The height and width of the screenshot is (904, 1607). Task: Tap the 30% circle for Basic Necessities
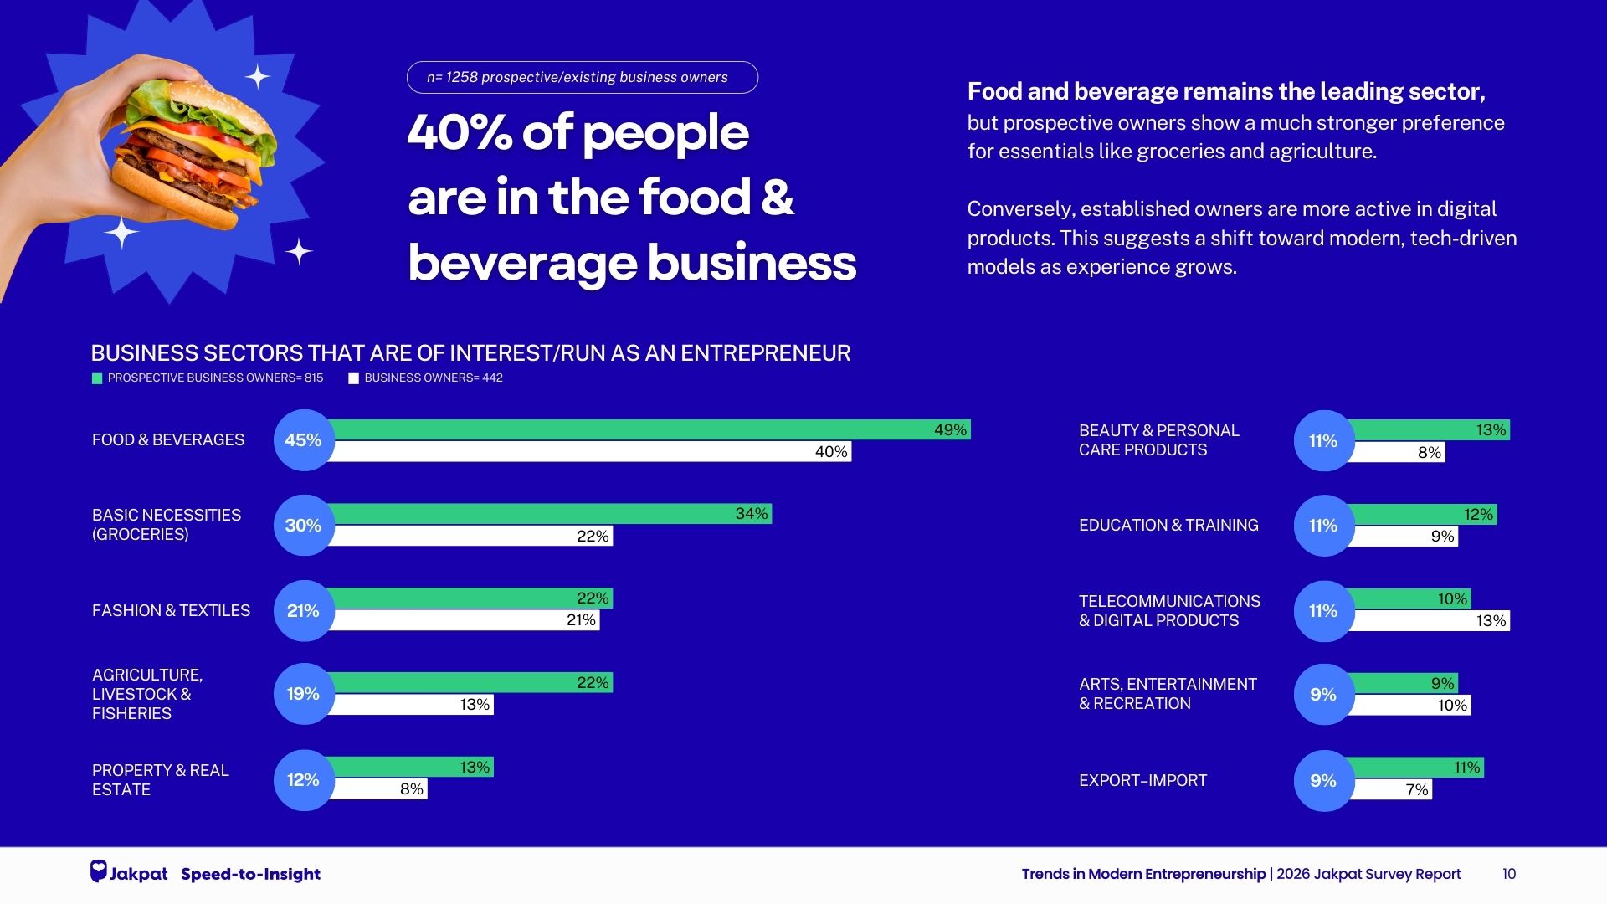(x=303, y=525)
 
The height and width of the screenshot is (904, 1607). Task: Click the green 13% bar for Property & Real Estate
(x=410, y=767)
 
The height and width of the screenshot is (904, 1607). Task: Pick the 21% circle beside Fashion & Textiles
(x=303, y=611)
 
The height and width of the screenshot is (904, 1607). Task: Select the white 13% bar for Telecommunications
(x=1431, y=621)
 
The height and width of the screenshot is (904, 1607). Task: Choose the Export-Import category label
(x=1142, y=780)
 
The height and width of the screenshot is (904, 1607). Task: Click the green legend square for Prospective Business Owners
(x=97, y=378)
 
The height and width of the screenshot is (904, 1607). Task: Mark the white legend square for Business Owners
(x=353, y=378)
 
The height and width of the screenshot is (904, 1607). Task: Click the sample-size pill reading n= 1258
(x=582, y=77)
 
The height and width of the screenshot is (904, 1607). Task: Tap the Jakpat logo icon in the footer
(x=99, y=871)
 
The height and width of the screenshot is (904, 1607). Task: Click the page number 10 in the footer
(x=1508, y=874)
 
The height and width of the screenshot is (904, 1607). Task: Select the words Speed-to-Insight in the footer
(x=250, y=874)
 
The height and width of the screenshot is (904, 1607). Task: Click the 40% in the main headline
(x=460, y=132)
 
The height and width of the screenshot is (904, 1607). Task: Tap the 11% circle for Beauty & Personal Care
(x=1323, y=440)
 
